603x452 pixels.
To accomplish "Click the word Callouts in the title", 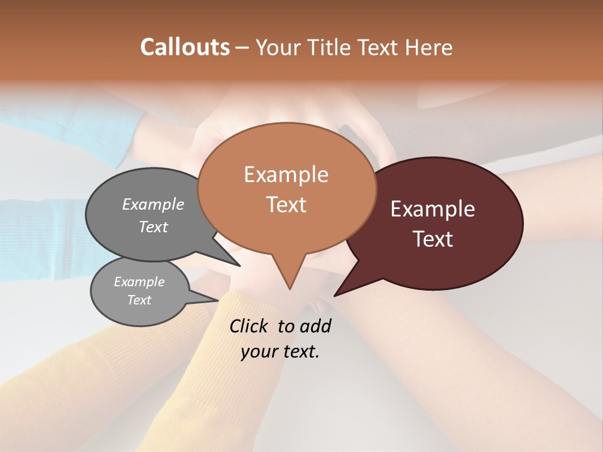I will tap(185, 47).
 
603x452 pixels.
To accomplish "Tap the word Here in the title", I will tap(429, 47).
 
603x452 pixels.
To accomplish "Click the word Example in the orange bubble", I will tap(286, 175).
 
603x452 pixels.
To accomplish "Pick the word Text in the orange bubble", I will tap(286, 204).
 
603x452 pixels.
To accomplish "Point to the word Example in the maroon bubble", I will tap(433, 209).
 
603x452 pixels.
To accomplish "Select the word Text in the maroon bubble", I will tap(433, 239).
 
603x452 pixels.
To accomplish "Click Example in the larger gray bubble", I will tap(153, 204).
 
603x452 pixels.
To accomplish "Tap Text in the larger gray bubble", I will tap(153, 227).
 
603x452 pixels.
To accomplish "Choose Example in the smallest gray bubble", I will tap(139, 282).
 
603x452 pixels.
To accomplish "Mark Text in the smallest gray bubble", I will tap(139, 300).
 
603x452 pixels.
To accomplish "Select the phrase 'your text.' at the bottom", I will tap(280, 352).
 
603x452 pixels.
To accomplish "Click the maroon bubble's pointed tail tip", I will tap(335, 295).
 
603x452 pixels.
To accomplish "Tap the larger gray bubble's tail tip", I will tap(239, 266).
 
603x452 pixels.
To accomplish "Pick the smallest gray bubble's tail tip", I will tap(218, 299).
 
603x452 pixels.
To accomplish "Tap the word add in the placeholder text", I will tap(316, 326).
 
